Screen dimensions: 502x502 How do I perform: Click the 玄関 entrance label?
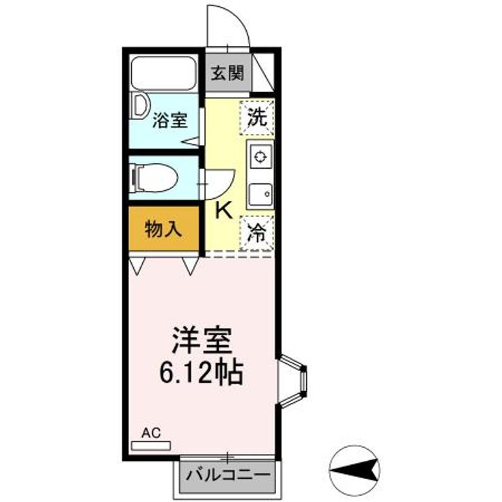click(x=229, y=73)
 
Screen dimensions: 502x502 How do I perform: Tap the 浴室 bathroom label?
click(x=170, y=120)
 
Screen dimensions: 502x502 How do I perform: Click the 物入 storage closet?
click(x=164, y=229)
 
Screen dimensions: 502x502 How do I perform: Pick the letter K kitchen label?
click(x=223, y=209)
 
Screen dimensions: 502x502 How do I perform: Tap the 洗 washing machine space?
click(x=258, y=116)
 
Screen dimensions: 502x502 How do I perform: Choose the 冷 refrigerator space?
click(x=258, y=232)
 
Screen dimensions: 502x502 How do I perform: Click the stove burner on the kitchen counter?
click(x=261, y=156)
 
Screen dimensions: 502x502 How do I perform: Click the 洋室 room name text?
click(x=202, y=342)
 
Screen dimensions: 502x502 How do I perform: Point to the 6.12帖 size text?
click(x=201, y=374)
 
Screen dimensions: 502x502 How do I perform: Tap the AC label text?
click(x=151, y=433)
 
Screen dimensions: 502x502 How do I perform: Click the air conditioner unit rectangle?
click(x=151, y=444)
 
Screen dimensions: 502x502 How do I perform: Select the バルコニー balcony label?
click(x=229, y=477)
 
